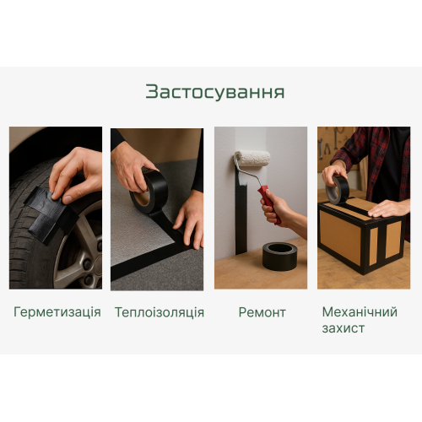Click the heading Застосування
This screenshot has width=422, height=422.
coord(215,92)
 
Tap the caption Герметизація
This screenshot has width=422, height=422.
coord(57,312)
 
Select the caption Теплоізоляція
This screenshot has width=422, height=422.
coord(160,312)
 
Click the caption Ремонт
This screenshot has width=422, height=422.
coord(262,312)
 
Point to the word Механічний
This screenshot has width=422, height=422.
coord(360,311)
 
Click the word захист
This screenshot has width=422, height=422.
coord(344,328)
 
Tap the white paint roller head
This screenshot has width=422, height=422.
coord(252,159)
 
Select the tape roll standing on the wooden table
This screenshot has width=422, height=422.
coord(279,256)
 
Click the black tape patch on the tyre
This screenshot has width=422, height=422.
coord(51,213)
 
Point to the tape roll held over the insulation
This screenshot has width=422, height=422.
coord(149,191)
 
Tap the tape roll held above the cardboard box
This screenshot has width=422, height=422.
coord(338,190)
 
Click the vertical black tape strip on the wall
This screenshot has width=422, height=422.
coord(241,217)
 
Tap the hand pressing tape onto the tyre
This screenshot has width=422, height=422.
coord(76,175)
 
